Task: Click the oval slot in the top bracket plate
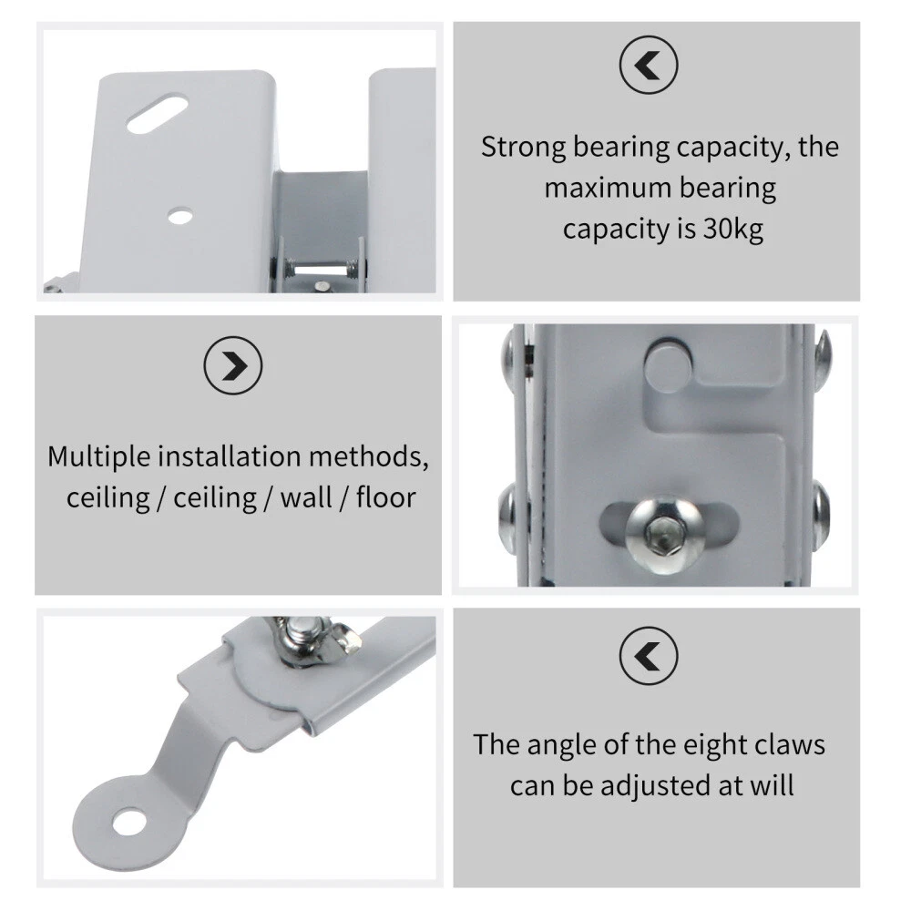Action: coord(157,114)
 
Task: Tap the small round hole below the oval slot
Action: coord(180,216)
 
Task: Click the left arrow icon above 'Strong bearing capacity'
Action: coord(649,65)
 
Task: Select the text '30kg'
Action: coord(733,229)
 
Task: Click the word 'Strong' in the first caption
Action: coord(523,148)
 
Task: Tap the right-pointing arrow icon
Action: coord(233,365)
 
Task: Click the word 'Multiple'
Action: coord(99,457)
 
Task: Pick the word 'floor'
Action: coord(385,498)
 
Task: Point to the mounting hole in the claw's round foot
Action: coord(129,823)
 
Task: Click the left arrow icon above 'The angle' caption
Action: coord(649,655)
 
